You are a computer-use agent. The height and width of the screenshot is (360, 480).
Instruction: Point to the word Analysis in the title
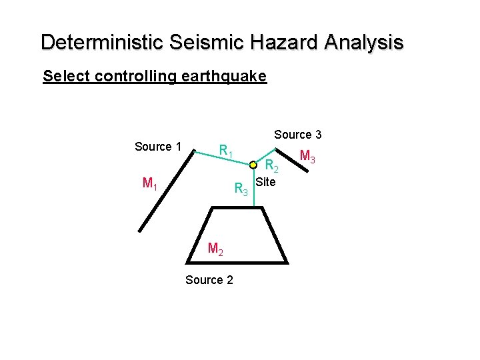tap(364, 43)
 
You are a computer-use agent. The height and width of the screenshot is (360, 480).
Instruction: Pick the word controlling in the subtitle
tap(135, 76)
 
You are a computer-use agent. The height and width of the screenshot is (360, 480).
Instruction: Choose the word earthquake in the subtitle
tap(223, 77)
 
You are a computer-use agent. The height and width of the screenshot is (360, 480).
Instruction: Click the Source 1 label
tap(158, 147)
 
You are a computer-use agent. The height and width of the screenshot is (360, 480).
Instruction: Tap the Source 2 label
tap(209, 280)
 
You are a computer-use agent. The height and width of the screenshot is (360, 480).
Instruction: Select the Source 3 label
tap(298, 135)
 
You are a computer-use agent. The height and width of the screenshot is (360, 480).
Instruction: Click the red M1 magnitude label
tap(150, 183)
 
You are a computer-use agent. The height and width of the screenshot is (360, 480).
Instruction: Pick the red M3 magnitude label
tap(307, 157)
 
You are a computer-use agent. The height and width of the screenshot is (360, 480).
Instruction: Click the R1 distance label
tap(226, 151)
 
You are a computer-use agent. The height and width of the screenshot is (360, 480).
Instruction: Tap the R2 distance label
tap(271, 166)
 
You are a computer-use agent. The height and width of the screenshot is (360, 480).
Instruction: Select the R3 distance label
tap(241, 190)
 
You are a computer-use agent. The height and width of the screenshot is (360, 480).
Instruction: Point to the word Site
tap(265, 181)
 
